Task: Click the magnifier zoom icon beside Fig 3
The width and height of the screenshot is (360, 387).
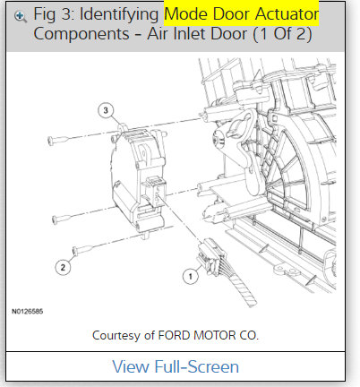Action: pyautogui.click(x=21, y=16)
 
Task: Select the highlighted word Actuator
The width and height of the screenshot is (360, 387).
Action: pyautogui.click(x=284, y=14)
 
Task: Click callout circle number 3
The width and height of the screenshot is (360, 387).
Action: pyautogui.click(x=106, y=111)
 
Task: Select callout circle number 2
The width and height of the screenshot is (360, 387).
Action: pyautogui.click(x=63, y=266)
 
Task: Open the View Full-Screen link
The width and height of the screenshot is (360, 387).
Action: pyautogui.click(x=176, y=366)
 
